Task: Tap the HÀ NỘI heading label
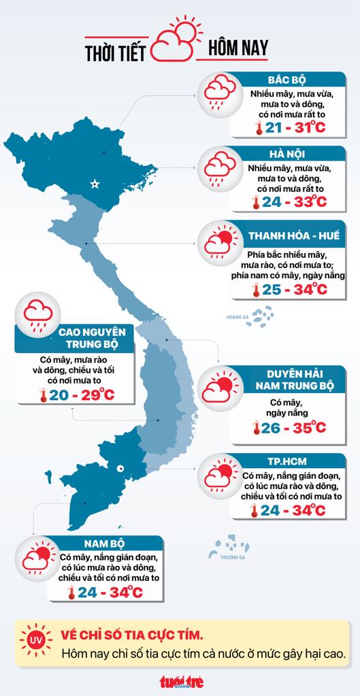[285, 155]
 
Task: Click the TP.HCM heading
[285, 459]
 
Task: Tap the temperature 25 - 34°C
[289, 290]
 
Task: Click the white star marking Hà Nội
[95, 184]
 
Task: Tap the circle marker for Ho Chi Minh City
[120, 467]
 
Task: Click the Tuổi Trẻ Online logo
[181, 680]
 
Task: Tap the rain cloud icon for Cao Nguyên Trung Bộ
[39, 315]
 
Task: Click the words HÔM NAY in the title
[238, 49]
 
